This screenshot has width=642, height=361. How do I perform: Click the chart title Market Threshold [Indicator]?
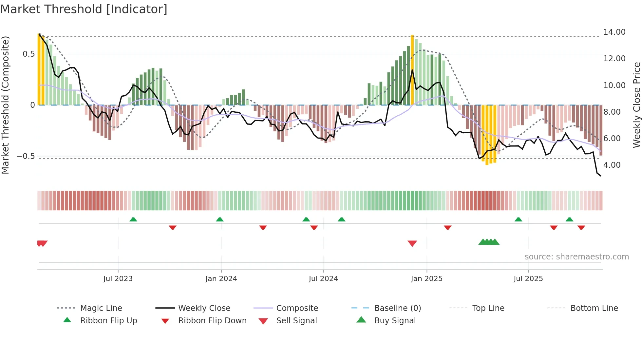84,9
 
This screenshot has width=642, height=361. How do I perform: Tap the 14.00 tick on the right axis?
614,32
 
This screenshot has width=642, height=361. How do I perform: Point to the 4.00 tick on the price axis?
612,165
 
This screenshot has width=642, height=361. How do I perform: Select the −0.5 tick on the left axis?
26,156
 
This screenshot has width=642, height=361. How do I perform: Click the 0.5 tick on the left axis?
28,54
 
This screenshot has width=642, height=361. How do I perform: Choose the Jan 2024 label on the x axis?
221,279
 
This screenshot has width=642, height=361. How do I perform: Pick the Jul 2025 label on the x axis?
528,279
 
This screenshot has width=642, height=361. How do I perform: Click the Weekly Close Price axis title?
636,105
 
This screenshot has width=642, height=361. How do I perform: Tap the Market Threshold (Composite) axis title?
5,105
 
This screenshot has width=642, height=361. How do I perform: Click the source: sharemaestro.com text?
576,257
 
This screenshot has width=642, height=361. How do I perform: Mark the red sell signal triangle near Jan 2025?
412,243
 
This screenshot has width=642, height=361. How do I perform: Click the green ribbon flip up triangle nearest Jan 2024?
220,219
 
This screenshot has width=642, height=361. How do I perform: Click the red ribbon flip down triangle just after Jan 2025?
447,227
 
